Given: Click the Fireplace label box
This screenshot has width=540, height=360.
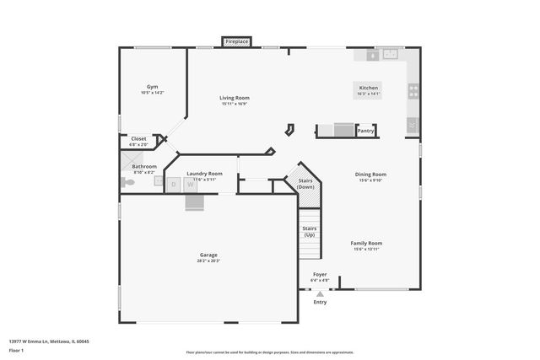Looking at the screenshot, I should click(x=236, y=41).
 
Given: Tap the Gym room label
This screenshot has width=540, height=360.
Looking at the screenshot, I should click(x=152, y=87).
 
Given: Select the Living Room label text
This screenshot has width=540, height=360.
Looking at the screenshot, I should click(x=235, y=98).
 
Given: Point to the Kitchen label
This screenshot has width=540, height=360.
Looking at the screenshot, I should click(x=369, y=88).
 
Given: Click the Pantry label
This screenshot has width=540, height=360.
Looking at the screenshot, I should click(x=365, y=131).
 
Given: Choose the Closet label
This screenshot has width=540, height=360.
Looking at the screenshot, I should click(x=138, y=138).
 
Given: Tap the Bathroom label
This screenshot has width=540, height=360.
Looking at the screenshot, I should click(x=144, y=166).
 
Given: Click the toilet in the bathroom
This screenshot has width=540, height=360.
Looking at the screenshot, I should click(x=127, y=182).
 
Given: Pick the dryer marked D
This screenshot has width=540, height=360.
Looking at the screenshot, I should click(x=174, y=184).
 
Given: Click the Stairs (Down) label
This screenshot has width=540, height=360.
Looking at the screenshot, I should click(x=305, y=183).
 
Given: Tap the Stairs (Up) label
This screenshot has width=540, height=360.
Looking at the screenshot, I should click(x=310, y=231).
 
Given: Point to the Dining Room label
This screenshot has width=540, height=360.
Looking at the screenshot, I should click(x=370, y=175).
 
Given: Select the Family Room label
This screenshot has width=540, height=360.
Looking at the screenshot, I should click(x=367, y=243).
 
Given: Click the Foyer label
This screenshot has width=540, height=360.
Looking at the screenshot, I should click(x=320, y=274).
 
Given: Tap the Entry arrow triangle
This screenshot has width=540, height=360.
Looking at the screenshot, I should click(x=320, y=293).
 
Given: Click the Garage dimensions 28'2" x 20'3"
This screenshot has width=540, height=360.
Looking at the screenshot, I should click(x=208, y=261).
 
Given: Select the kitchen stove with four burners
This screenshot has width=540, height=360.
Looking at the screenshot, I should click(x=413, y=91).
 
